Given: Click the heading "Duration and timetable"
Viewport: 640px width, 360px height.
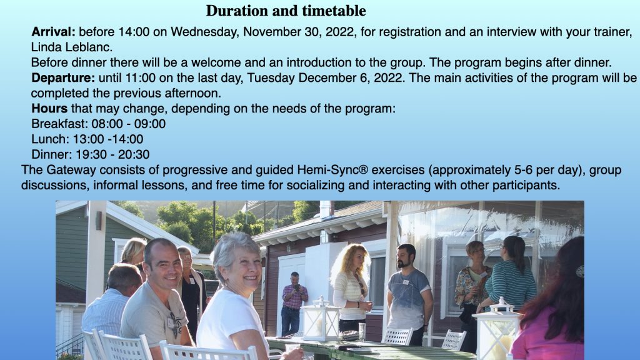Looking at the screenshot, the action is [286, 11].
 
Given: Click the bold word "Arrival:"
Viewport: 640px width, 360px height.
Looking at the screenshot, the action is [54, 32].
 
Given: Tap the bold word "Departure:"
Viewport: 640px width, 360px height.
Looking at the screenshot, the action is [63, 78].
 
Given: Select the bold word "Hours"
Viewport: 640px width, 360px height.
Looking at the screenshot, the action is [49, 109].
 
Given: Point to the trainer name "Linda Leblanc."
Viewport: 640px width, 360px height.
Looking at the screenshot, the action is [72, 47].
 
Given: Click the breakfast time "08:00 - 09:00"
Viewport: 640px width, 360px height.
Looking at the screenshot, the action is [129, 124].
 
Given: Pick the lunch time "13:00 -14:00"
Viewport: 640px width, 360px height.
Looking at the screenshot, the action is [108, 139].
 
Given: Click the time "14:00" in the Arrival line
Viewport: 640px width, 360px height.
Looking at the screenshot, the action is [134, 32].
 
